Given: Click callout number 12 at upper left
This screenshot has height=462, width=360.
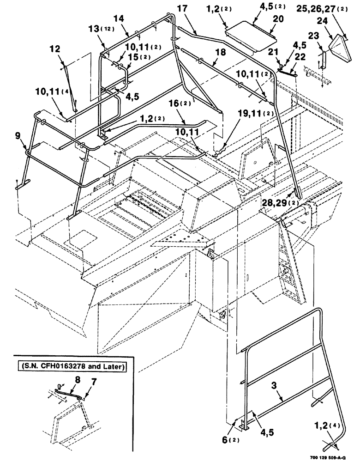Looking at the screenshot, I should (54, 48).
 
